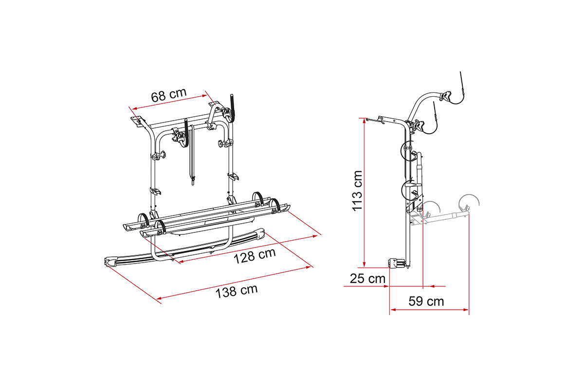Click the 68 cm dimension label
(169, 95)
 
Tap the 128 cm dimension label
(255, 256)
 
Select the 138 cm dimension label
(237, 291)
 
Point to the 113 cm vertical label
(357, 191)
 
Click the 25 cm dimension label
(367, 279)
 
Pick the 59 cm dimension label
(426, 301)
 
